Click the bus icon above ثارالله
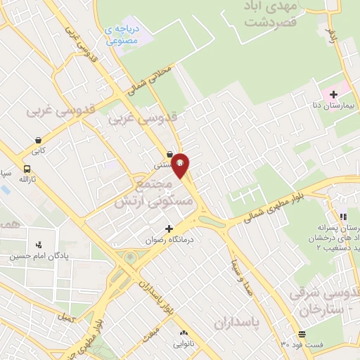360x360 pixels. [27, 169]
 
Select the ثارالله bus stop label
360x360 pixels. [26, 180]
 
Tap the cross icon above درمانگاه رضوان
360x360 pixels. [169, 229]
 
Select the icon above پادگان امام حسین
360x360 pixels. [39, 245]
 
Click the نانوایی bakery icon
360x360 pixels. [184, 332]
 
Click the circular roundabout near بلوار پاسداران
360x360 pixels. [129, 257]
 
